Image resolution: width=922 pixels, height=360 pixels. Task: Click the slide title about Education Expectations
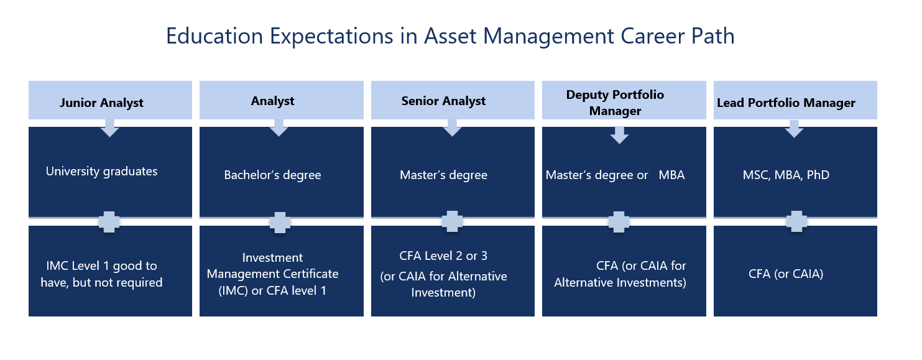pos(450,36)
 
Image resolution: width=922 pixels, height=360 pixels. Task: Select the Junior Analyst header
pos(101,103)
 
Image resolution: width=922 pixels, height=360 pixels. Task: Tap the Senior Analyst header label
pos(443,101)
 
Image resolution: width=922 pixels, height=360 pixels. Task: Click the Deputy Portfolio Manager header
pos(615,103)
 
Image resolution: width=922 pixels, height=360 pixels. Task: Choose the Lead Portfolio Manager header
pos(786,103)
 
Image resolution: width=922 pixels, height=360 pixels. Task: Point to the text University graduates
pos(101,171)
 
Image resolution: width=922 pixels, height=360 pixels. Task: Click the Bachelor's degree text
pos(272,175)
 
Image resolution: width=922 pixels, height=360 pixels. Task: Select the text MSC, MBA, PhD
pos(786,175)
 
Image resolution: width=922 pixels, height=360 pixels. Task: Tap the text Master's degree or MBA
pos(615,175)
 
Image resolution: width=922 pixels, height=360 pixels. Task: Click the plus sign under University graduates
pos(109,222)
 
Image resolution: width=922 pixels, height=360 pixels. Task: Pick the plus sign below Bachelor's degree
pos(280,222)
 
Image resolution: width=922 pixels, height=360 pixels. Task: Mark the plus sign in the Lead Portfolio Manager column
pos(795,222)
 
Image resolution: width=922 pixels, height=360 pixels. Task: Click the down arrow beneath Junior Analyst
pos(109,128)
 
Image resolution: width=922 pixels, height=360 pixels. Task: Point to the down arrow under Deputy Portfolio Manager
pos(619,135)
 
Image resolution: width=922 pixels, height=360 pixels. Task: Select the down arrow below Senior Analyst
pos(452,128)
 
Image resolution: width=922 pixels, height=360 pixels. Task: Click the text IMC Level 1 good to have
pos(104,266)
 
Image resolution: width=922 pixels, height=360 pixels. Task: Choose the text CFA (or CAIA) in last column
pos(786,273)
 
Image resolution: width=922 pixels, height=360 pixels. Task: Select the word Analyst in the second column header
pos(272,101)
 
